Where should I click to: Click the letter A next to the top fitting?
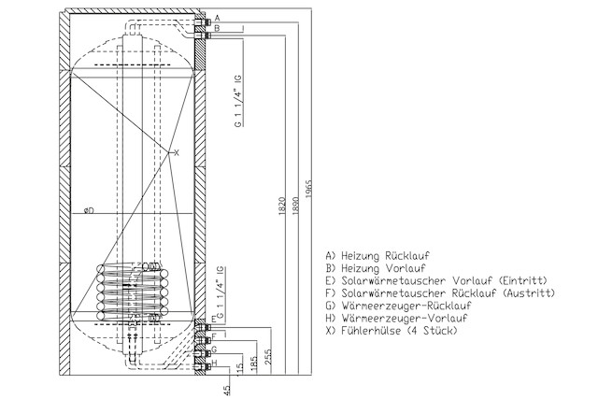tap(217, 19)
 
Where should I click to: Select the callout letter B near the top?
tap(217, 29)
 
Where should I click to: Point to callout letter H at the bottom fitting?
tap(213, 363)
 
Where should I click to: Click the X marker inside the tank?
tap(175, 150)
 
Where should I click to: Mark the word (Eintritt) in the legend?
tap(520, 280)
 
